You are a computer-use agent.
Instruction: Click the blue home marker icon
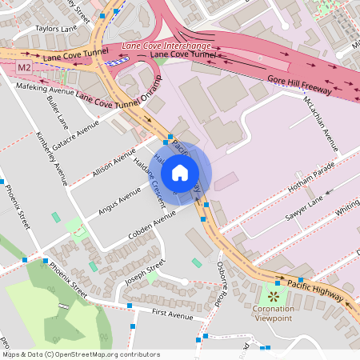[180, 171]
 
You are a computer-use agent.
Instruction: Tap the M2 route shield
[24, 67]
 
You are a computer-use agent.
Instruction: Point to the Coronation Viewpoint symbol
[274, 297]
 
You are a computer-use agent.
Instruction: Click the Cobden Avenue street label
[151, 226]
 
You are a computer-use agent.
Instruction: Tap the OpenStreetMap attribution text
[71, 354]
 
